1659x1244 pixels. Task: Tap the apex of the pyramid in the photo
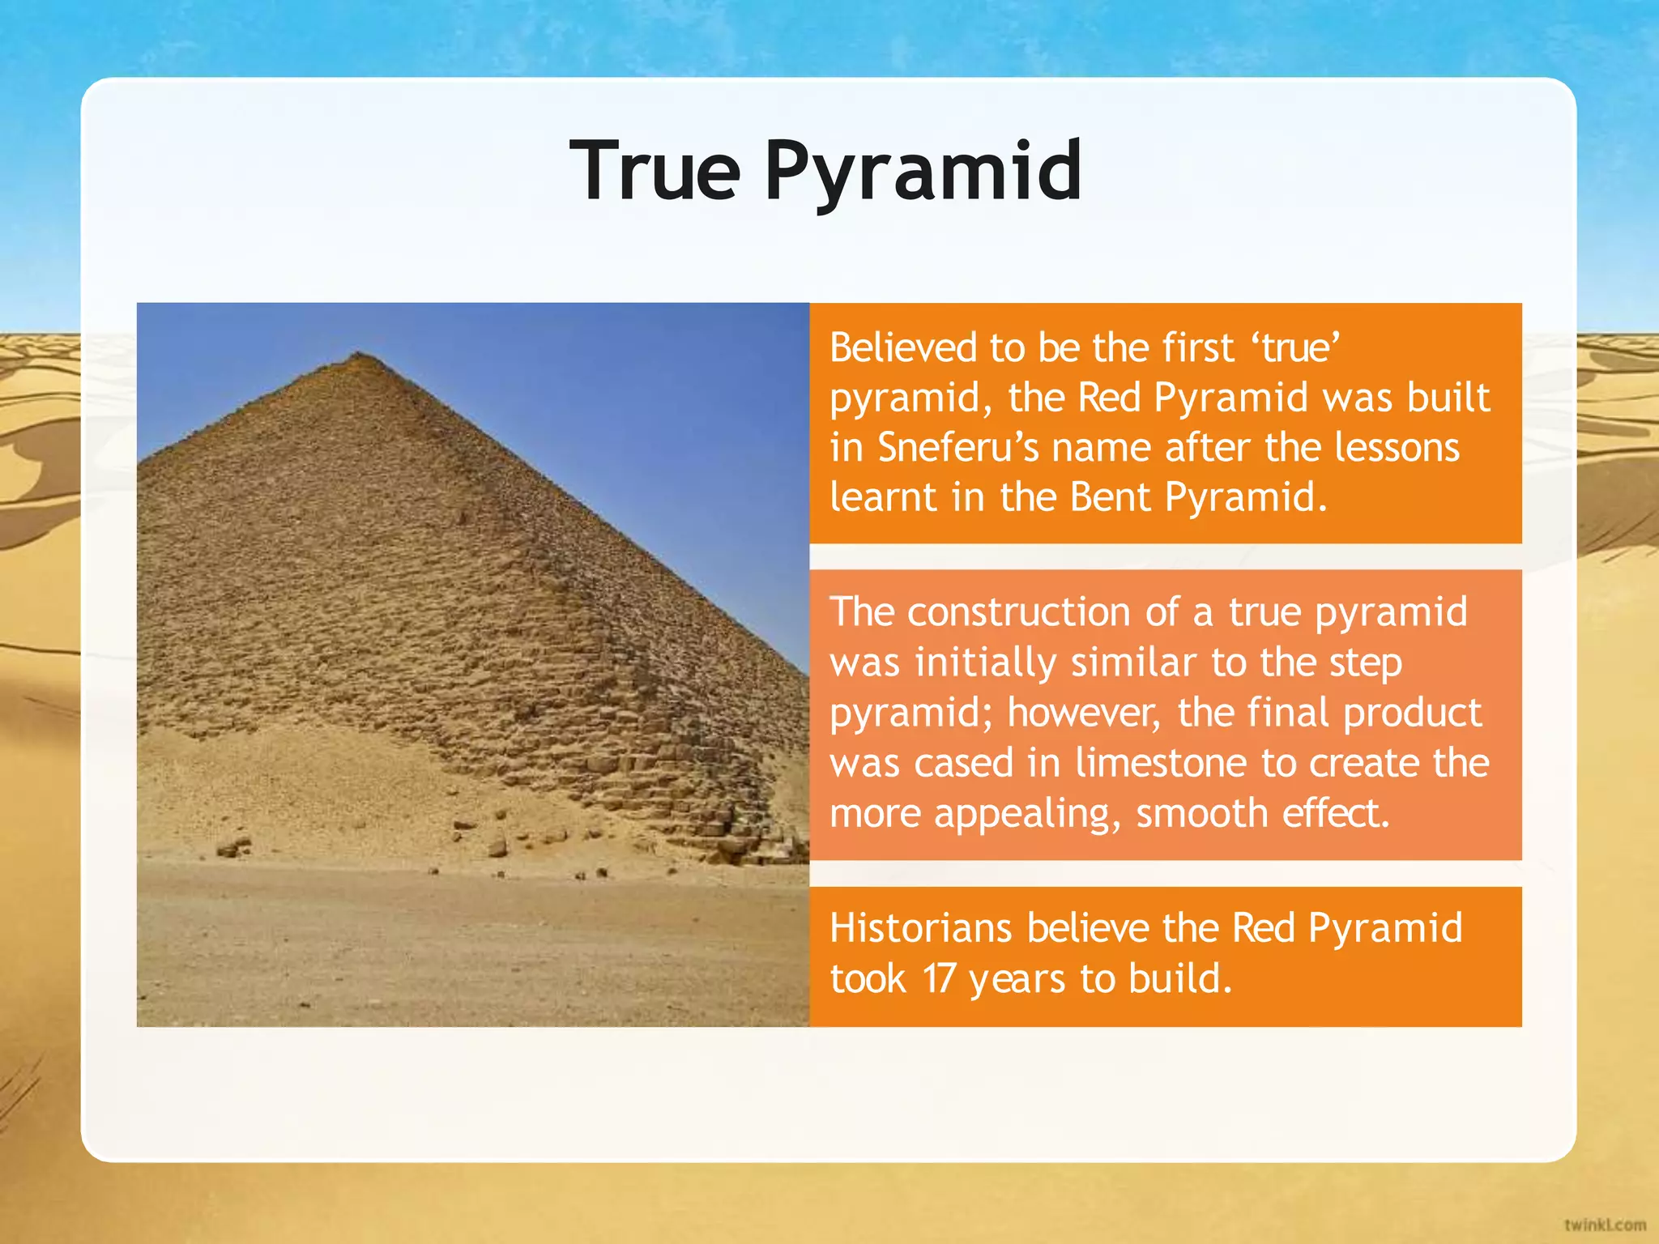358,354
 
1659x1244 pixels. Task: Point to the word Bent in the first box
1111,497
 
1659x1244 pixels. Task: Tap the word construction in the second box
1018,612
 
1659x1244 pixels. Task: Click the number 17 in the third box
939,978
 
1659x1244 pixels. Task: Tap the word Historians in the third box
921,928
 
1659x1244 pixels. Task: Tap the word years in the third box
1017,980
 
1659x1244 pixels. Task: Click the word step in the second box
1365,664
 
